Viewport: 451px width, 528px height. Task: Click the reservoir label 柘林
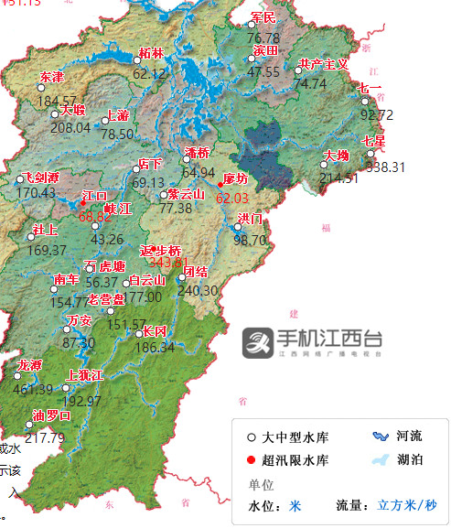[151, 53]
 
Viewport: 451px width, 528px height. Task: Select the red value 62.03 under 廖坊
[231, 198]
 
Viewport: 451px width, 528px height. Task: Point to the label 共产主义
[324, 64]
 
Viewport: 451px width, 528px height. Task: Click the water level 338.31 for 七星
[384, 167]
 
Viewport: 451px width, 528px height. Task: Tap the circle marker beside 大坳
[324, 165]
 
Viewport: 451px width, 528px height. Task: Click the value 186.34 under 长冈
[155, 348]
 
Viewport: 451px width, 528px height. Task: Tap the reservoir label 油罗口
[51, 415]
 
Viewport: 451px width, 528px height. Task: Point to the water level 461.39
[34, 390]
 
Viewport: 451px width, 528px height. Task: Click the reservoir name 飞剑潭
[41, 177]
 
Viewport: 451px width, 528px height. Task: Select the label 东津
[52, 76]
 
